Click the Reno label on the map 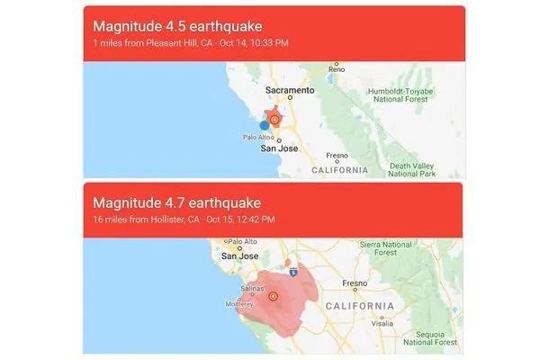click(x=337, y=69)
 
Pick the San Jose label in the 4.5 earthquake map click(x=279, y=148)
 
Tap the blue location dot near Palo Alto click(x=264, y=125)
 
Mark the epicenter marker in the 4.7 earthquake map click(x=273, y=295)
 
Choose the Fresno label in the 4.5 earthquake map click(x=337, y=155)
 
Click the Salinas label click(x=228, y=289)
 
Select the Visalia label click(x=380, y=321)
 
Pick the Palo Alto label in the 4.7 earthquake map click(x=243, y=241)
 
